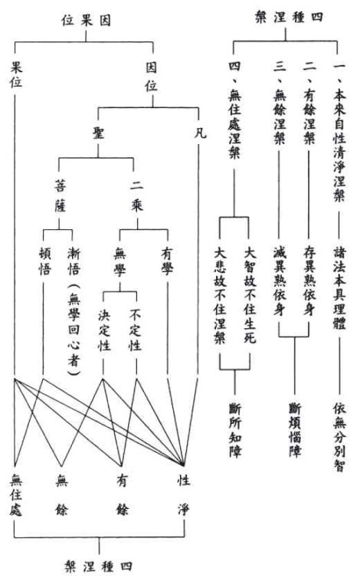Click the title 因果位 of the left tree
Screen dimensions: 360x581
pos(86,20)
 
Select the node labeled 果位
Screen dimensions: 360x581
pos(16,75)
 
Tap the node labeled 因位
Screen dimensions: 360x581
pos(151,77)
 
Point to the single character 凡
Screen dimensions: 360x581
pos(200,133)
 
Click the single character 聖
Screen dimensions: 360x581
pos(98,133)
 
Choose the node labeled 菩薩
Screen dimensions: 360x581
pos(61,196)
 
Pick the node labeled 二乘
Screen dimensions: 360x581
pos(136,196)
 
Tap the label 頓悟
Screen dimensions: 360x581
pos(44,261)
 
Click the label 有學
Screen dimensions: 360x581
pos(168,261)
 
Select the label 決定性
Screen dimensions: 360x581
pos(104,330)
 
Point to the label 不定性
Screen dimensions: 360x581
pos(135,330)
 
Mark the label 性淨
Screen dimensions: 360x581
pos(183,495)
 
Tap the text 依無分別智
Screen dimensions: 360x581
pos(339,437)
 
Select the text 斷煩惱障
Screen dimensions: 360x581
pos(295,430)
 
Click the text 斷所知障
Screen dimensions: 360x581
pos(235,430)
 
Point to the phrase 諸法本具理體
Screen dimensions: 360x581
pos(339,288)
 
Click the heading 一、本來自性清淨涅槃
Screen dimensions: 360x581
pos(339,132)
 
